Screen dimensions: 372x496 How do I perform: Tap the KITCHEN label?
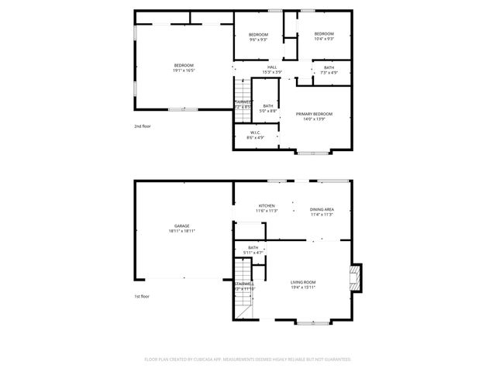coord(267,205)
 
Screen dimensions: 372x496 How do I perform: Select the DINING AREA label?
coord(322,209)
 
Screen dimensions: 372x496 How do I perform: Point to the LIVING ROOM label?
coord(303,282)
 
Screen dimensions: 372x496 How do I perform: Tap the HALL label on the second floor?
coord(272,67)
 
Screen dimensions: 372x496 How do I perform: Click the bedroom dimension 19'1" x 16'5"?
coord(184,70)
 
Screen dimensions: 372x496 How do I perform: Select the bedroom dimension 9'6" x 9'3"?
coord(258,40)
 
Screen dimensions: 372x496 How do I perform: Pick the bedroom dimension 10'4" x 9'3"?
coord(323,39)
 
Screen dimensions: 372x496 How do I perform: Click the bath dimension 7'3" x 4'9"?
coord(329,73)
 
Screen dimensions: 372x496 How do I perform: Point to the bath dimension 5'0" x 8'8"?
coord(268,111)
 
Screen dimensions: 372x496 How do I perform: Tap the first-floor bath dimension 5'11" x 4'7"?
coord(253,253)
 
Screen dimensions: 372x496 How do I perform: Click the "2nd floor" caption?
coord(142,125)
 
